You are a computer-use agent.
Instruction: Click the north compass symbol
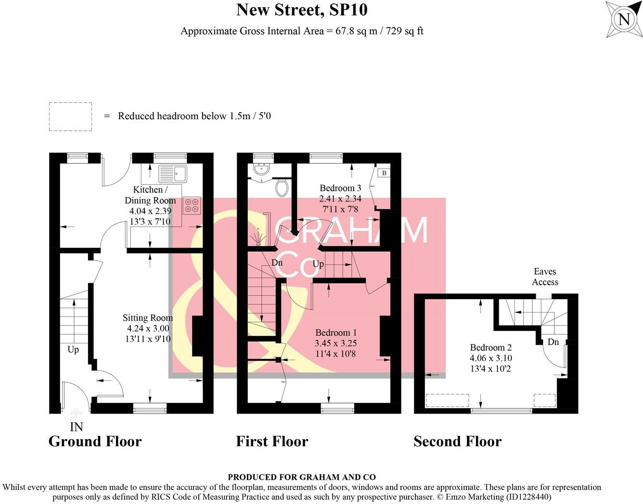pos(624,19)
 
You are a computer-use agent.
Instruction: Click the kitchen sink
pos(172,173)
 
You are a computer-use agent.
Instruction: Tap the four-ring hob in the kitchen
pos(192,205)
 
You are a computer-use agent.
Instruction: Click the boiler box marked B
pos(384,173)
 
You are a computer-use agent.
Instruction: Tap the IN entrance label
pos(76,427)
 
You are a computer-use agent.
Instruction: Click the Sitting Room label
pos(147,318)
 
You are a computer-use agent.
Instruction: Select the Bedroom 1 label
pos(336,333)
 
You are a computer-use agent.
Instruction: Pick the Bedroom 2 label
pos(490,348)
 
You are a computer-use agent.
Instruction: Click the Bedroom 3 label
pos(340,188)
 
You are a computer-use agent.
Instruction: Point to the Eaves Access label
pos(545,277)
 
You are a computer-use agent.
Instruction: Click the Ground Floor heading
pos(95,441)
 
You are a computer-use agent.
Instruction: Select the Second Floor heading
pos(457,441)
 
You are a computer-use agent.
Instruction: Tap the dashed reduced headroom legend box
pos(70,116)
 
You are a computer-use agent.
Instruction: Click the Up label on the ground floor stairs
pos(73,350)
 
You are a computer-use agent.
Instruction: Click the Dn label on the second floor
pos(553,342)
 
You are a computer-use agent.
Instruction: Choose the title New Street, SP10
pos(302,10)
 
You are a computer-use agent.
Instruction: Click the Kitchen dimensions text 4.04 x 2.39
pos(150,211)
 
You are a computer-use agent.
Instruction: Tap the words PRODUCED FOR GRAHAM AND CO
pos(301,477)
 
